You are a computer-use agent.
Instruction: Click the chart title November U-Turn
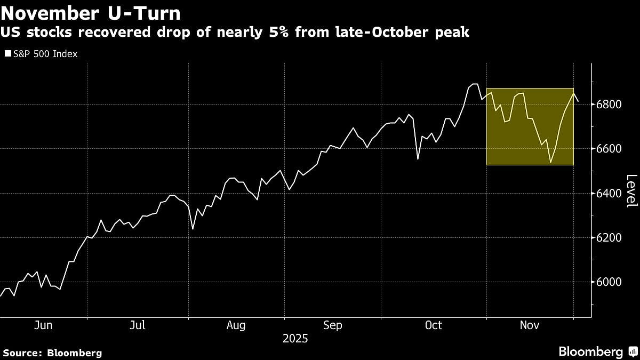[x=91, y=13]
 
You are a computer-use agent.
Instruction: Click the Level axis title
[x=631, y=191]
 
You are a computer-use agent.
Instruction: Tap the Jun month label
[x=43, y=325]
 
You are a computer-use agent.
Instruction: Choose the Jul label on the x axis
[x=138, y=325]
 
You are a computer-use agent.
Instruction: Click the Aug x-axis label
[x=236, y=325]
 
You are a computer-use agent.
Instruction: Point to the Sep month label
[x=333, y=325]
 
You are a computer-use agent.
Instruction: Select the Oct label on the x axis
[x=433, y=325]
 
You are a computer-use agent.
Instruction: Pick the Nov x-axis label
[x=529, y=325]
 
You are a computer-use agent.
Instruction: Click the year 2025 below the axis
[x=295, y=339]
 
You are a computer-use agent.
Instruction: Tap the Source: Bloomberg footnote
[x=52, y=353]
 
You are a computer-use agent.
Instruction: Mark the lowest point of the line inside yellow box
[x=550, y=163]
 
